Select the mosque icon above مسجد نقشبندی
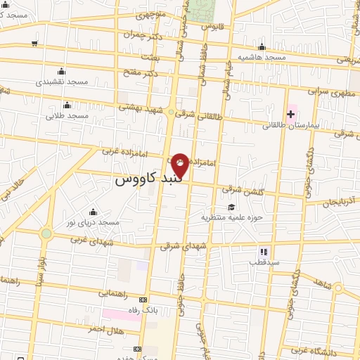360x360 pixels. [61, 71]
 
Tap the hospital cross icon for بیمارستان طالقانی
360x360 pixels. [290, 114]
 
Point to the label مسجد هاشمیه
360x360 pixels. [259, 56]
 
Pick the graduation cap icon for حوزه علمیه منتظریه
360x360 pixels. [231, 206]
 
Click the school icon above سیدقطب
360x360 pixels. [264, 251]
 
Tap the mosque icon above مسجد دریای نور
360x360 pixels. [92, 212]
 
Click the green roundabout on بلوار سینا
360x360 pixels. [46, 233]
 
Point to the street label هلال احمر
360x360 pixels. [106, 328]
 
